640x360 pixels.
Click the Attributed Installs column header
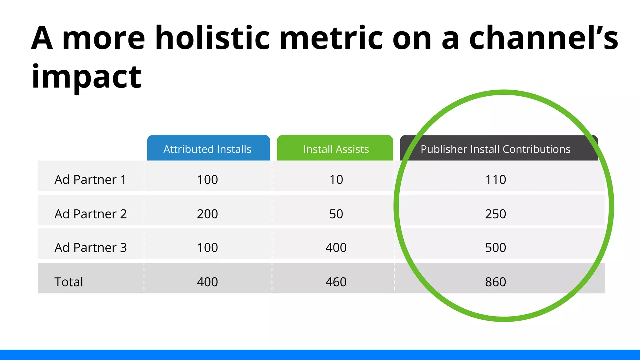207,149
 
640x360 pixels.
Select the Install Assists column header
336,149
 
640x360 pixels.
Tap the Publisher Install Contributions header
495,149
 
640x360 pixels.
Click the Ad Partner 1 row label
90,180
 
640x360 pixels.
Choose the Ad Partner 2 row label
91,214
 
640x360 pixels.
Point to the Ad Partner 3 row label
91,247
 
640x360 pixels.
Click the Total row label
69,282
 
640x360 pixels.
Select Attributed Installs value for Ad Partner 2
207,214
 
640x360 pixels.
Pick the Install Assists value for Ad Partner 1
336,180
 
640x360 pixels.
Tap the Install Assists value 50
336,214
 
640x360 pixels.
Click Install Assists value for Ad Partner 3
336,247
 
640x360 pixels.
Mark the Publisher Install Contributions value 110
495,180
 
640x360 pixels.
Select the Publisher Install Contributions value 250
495,214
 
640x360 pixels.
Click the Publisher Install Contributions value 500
495,247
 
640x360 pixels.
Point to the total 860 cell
495,282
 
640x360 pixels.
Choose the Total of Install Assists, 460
336,282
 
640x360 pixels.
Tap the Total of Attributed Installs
207,282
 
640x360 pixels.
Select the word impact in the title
87,77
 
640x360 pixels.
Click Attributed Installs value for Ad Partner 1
207,180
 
